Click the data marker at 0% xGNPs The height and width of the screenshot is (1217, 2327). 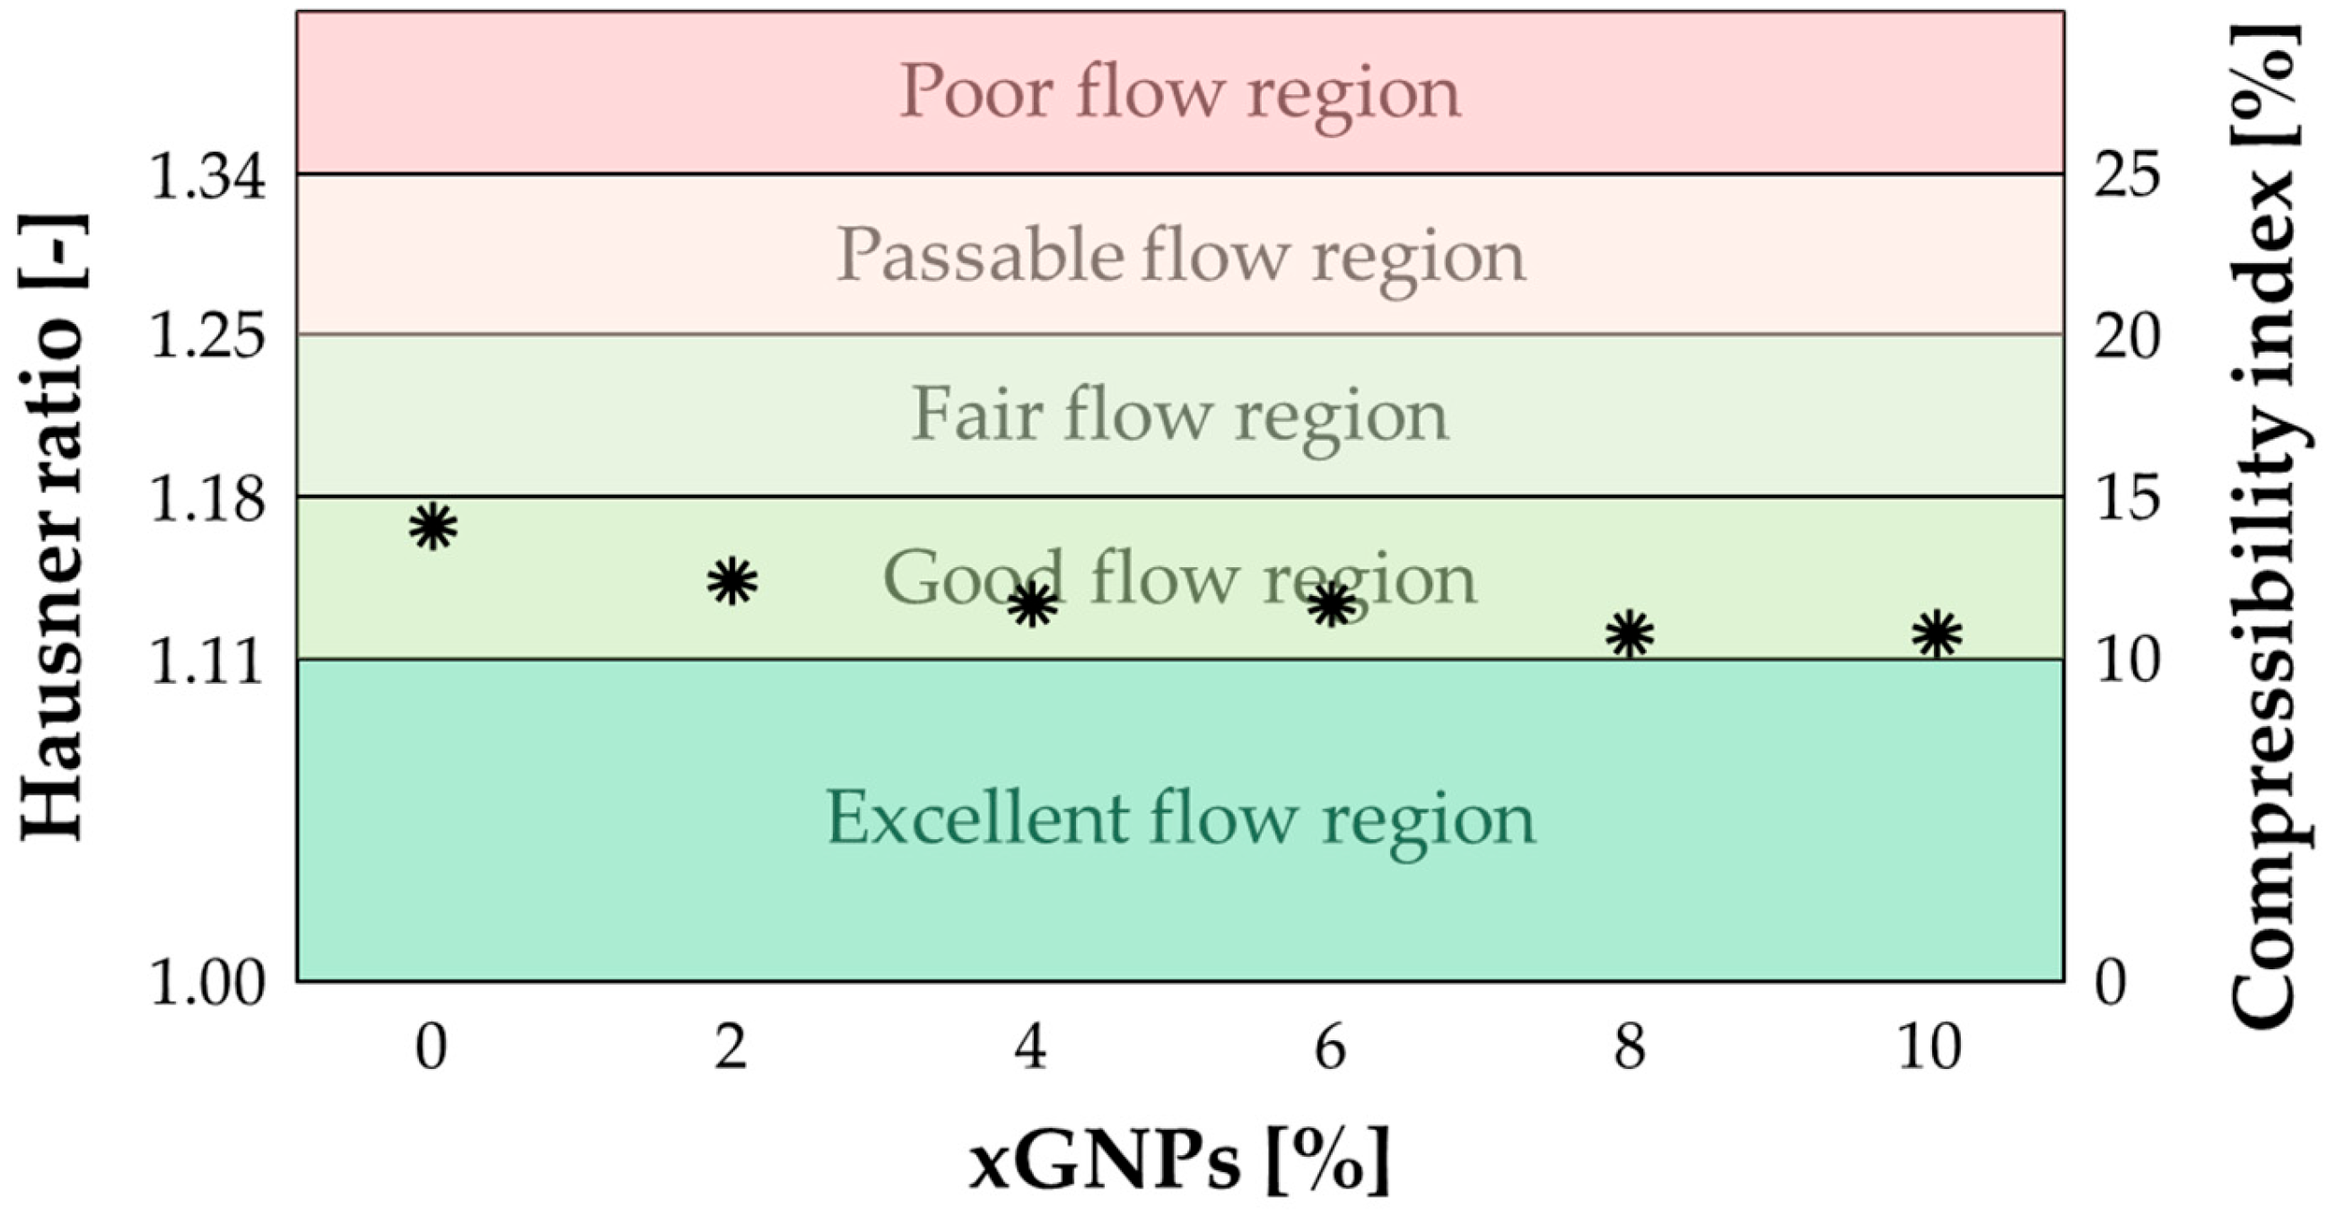click(432, 526)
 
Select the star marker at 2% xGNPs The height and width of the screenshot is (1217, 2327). click(730, 581)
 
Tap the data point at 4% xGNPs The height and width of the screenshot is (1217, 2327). click(1032, 604)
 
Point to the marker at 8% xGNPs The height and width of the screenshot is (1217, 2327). click(1630, 634)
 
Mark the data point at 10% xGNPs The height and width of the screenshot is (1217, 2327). click(1937, 634)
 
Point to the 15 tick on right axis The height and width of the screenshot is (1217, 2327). click(2127, 498)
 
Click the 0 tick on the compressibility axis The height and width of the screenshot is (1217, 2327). click(2110, 982)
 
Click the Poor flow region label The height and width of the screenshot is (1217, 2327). click(1179, 93)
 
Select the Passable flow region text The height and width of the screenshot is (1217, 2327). click(1179, 257)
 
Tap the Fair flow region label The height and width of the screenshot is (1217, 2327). click(1179, 416)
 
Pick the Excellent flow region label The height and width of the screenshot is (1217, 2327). click(1179, 819)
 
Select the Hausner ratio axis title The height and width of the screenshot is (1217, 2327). click(52, 529)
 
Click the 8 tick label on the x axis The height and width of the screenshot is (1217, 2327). click(1630, 1049)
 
